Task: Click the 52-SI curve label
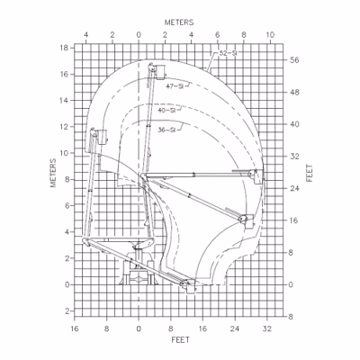226,54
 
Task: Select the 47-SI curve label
175,86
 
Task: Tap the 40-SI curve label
166,110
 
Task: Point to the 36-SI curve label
166,130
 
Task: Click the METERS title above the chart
179,22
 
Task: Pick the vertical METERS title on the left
53,173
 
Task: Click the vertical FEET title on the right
310,173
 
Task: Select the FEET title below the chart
181,340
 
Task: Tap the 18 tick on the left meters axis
65,48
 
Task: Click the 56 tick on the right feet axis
294,60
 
